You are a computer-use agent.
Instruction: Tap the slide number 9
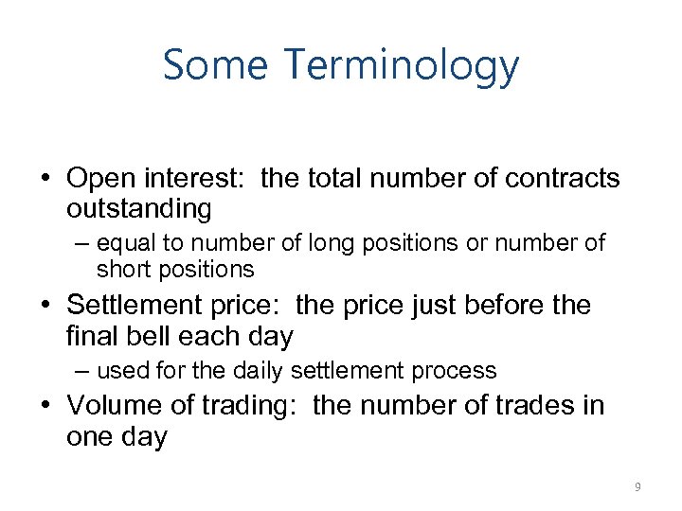click(x=637, y=487)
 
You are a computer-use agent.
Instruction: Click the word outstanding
click(x=139, y=207)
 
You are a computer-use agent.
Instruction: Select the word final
click(x=93, y=335)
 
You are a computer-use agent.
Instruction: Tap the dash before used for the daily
click(x=83, y=370)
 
